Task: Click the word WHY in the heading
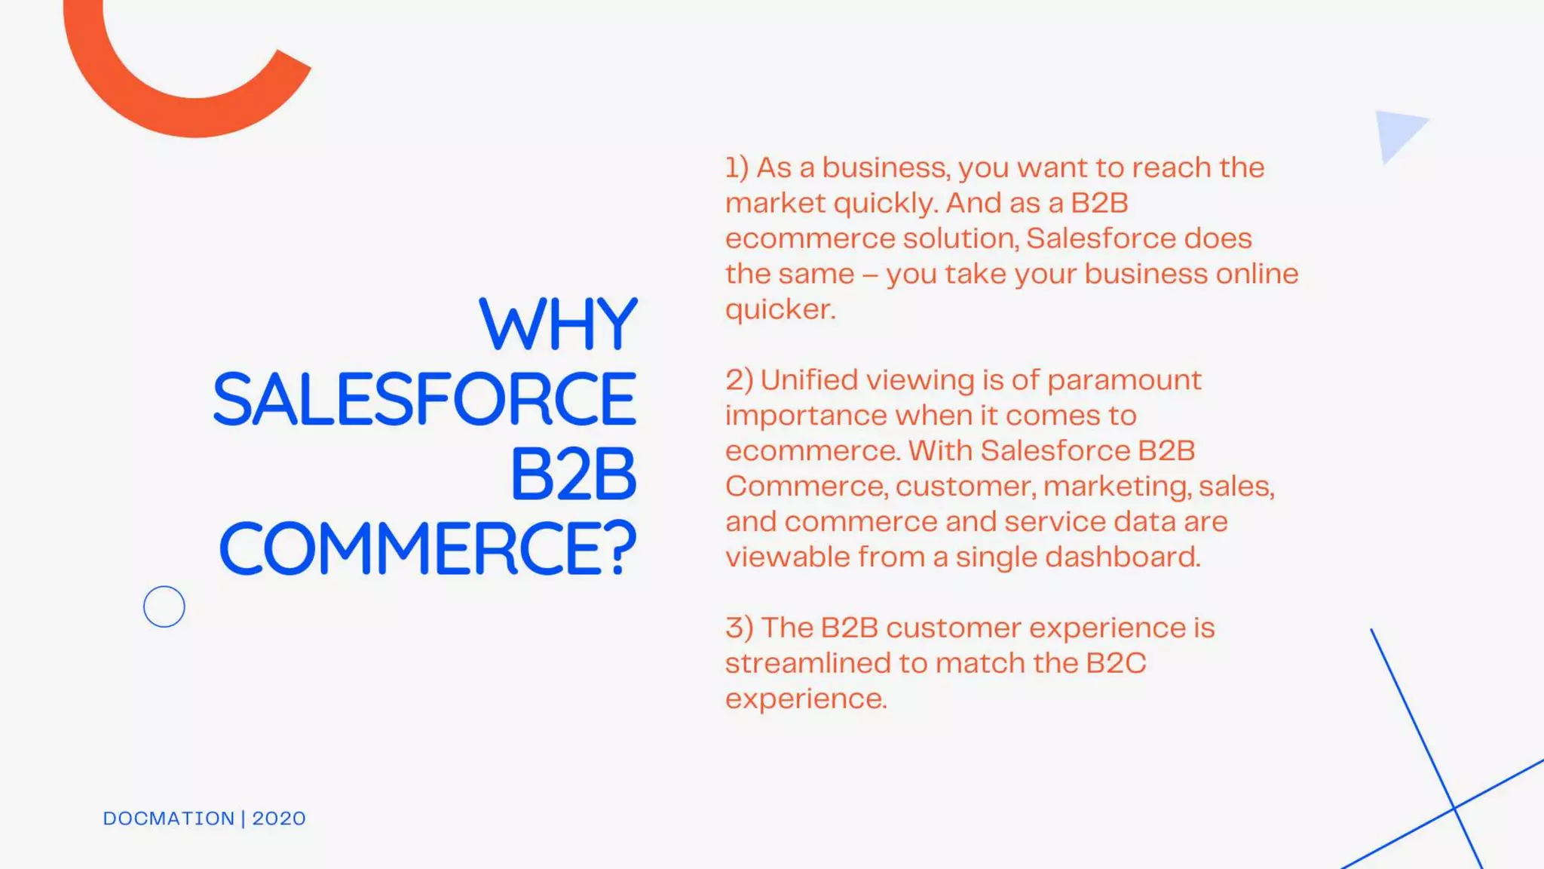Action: point(558,324)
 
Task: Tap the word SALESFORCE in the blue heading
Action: point(425,399)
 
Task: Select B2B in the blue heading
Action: point(573,474)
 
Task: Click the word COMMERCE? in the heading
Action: point(427,548)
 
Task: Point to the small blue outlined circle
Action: point(164,606)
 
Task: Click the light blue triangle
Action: point(1396,133)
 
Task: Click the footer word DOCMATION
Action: point(169,818)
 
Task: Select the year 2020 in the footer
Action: point(279,818)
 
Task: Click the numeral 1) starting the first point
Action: point(737,167)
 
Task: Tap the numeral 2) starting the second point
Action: point(739,380)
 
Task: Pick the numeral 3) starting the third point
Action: point(739,628)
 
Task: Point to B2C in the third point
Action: point(1116,663)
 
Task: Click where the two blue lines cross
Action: point(1454,809)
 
